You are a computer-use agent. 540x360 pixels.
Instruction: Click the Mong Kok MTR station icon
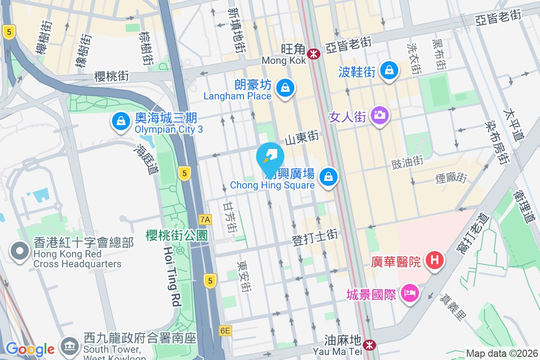point(314,54)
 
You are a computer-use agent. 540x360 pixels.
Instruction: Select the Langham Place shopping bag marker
point(285,87)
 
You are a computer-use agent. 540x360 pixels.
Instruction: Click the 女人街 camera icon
point(380,115)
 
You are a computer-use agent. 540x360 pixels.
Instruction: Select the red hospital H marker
point(435,260)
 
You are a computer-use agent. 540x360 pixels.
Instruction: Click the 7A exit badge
point(205,220)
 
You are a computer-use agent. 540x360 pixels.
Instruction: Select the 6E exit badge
point(225,331)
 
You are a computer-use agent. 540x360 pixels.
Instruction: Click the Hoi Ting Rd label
point(171,277)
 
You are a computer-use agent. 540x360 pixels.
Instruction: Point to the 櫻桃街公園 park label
point(176,235)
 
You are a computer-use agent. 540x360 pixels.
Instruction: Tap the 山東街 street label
point(302,136)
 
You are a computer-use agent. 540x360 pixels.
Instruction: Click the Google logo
point(30,349)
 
